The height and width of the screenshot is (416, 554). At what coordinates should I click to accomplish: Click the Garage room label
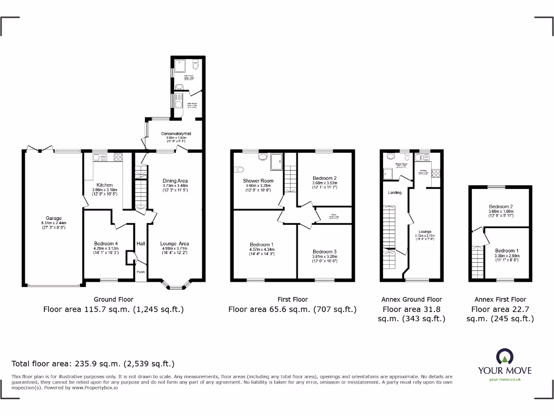click(53, 219)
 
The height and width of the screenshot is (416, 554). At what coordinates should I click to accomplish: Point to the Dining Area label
click(175, 181)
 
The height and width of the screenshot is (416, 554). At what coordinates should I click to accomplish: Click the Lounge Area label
click(174, 244)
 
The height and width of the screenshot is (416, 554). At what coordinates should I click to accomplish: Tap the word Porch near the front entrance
click(140, 271)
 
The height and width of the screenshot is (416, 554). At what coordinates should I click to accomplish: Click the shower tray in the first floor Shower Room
click(277, 160)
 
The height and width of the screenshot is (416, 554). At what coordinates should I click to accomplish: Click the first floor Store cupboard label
click(333, 215)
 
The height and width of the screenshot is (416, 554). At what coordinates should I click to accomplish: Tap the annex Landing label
click(394, 192)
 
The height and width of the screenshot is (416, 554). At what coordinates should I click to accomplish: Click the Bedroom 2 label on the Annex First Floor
click(500, 207)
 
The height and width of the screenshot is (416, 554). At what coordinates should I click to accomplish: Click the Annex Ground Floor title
click(411, 299)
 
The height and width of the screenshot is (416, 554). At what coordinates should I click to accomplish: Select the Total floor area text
click(93, 364)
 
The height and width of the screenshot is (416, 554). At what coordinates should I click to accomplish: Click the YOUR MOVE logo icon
click(504, 356)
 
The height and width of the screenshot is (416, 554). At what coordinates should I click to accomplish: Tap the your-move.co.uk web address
click(504, 380)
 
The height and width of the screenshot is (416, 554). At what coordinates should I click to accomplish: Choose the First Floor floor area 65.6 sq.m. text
click(292, 310)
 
